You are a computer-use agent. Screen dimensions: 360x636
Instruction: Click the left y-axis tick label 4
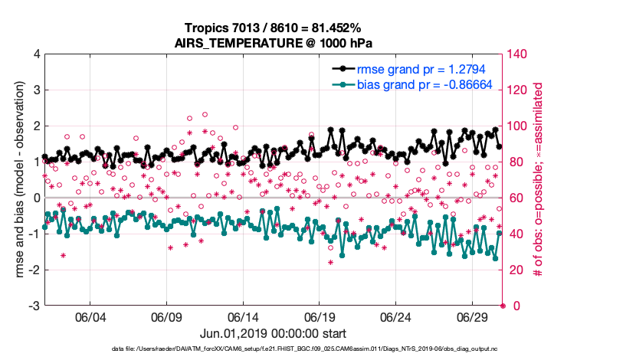[35, 54]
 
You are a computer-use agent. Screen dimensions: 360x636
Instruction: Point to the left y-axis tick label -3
[33, 306]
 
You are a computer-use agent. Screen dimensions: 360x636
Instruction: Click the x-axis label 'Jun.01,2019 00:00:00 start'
[272, 334]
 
